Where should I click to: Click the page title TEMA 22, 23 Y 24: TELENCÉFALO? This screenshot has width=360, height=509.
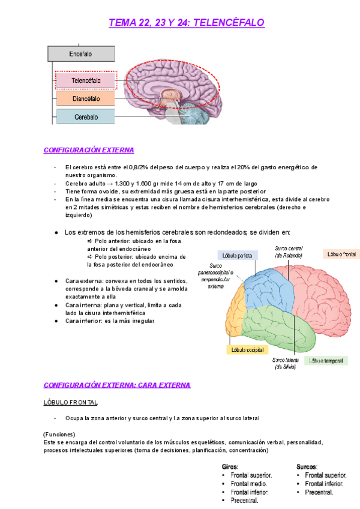(186, 23)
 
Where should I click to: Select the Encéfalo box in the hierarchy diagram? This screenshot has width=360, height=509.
(80, 54)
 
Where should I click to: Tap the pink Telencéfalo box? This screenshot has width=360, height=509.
(85, 80)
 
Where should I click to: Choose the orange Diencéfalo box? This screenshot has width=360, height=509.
(85, 98)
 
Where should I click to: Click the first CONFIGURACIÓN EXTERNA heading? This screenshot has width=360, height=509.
(89, 150)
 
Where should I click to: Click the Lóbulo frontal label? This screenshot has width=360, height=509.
(341, 254)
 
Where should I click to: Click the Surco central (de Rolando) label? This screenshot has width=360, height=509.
(289, 251)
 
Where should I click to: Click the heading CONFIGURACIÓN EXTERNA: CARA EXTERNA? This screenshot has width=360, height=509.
(117, 385)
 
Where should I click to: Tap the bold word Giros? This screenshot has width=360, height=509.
(230, 466)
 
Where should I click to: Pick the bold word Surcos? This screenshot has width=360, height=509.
(307, 466)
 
